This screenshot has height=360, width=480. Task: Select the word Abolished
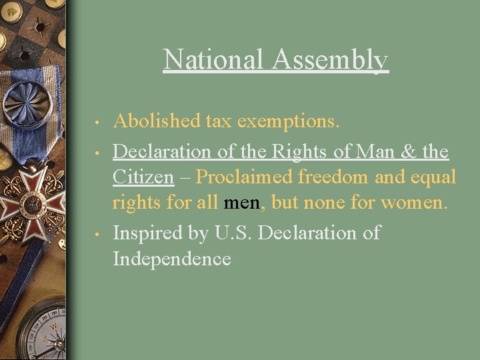coord(157,121)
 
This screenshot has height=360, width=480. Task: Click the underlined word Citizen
coord(143,177)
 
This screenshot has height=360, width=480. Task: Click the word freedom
coord(347,177)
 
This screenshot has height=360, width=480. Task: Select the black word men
coord(242,203)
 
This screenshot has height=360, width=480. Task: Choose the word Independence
coord(172,259)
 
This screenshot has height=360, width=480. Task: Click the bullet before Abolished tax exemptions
coord(97,123)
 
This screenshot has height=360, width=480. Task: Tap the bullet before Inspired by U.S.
coord(97,235)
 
